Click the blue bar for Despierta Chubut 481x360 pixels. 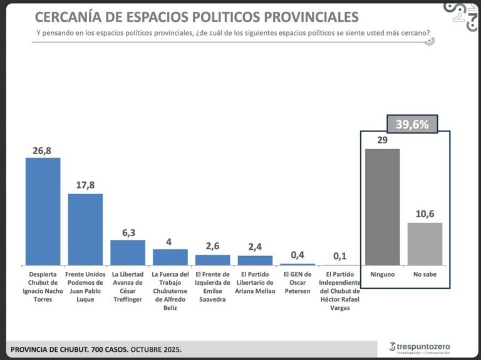(43, 211)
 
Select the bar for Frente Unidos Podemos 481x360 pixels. (85, 229)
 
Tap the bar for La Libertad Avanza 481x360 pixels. (128, 252)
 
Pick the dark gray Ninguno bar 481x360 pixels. (382, 207)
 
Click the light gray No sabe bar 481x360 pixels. (425, 244)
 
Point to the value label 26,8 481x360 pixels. (43, 150)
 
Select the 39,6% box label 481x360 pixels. (411, 125)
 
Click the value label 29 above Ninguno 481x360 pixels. (382, 141)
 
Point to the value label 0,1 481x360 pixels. (339, 257)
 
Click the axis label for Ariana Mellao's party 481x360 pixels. (255, 282)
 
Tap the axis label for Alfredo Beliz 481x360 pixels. (170, 291)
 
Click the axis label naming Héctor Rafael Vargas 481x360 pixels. (339, 291)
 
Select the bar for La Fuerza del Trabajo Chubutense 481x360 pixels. (170, 257)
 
